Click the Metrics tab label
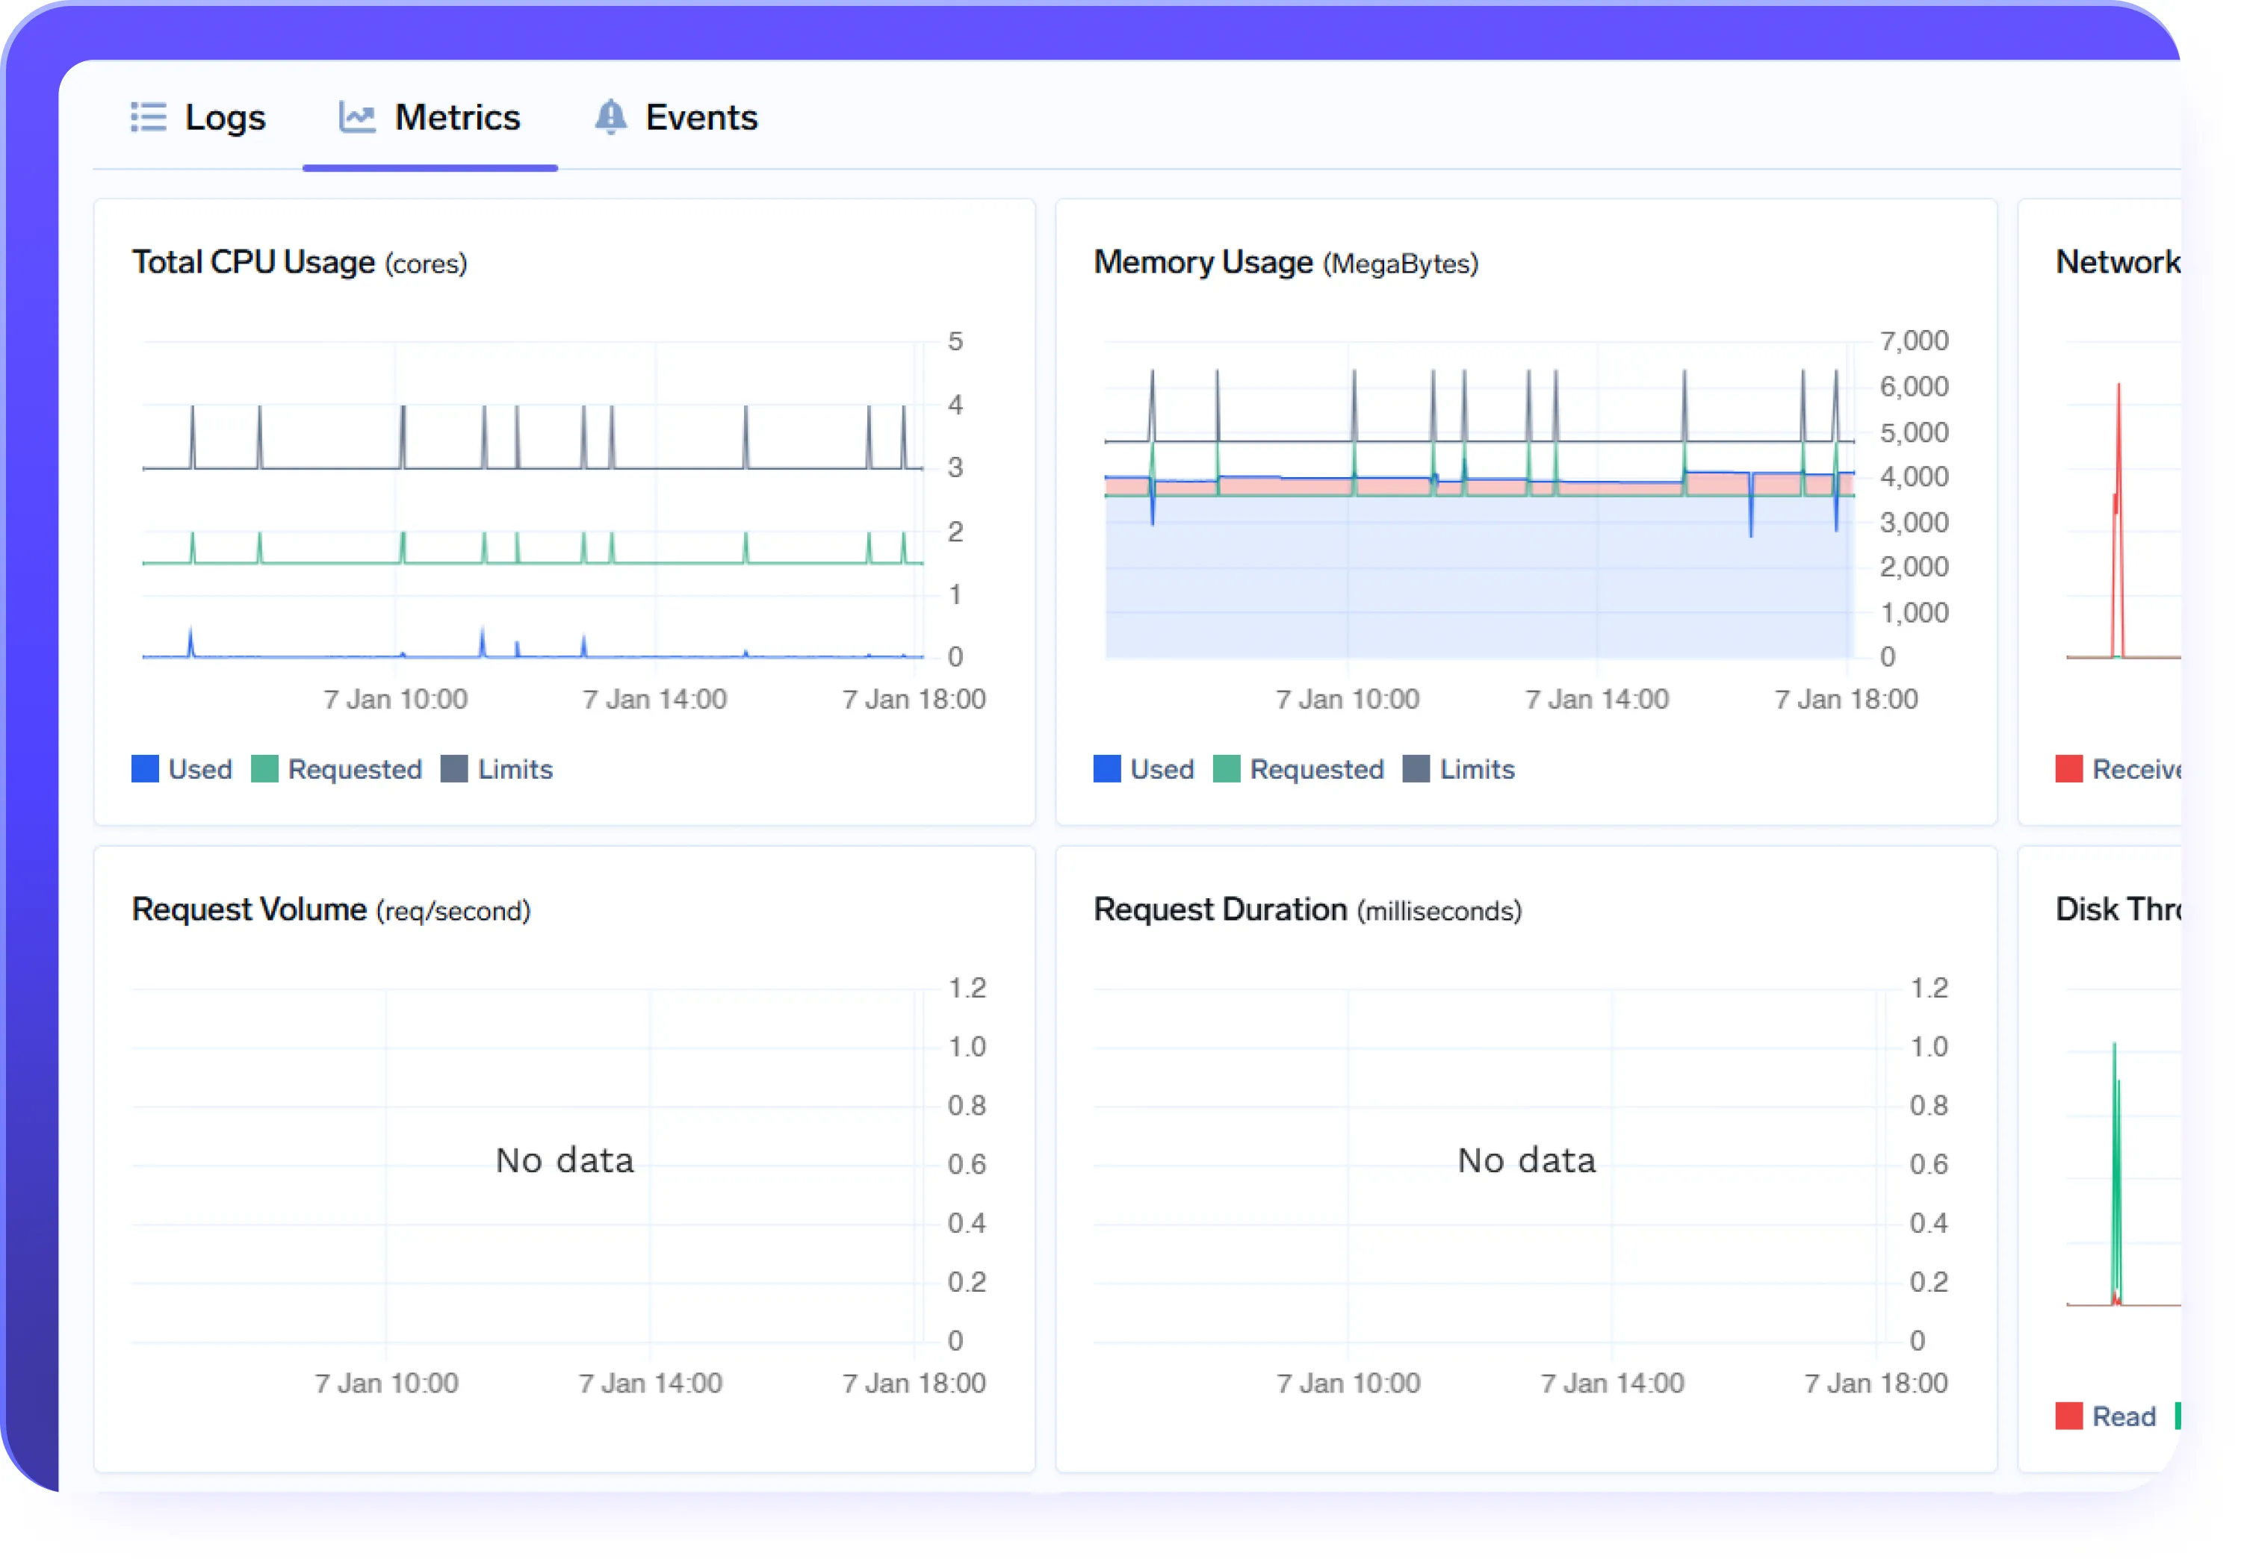[x=456, y=118]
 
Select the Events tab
[x=701, y=118]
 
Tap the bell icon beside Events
[x=610, y=117]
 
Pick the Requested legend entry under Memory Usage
[x=1315, y=769]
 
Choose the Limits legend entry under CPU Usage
[x=515, y=769]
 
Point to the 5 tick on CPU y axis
[x=955, y=341]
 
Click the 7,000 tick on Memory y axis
[x=1913, y=340]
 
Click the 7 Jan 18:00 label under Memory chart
[x=1846, y=699]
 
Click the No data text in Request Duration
[x=1527, y=1160]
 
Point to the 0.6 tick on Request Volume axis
[x=967, y=1164]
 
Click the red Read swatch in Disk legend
[x=2068, y=1416]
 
